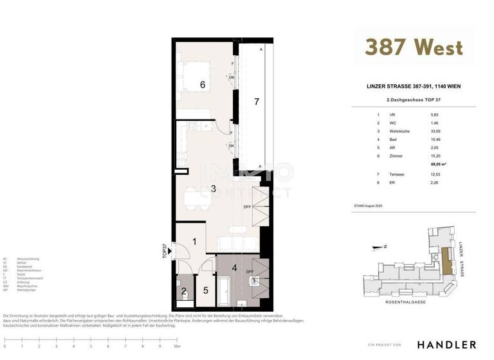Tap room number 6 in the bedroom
click(202, 85)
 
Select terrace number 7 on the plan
click(256, 102)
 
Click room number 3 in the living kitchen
click(214, 188)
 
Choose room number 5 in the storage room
click(206, 291)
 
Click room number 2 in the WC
click(183, 291)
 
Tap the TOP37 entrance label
click(165, 249)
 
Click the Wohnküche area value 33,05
click(437, 130)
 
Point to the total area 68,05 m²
click(439, 165)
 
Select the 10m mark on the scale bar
click(176, 347)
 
